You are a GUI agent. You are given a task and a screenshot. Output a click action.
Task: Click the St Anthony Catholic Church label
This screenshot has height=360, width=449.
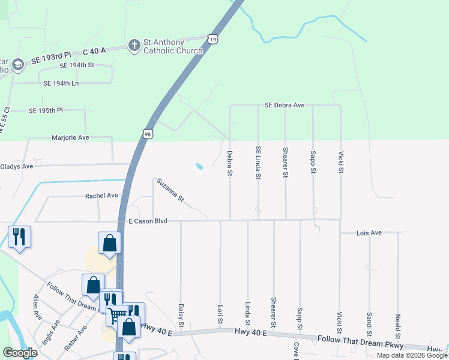click(x=172, y=47)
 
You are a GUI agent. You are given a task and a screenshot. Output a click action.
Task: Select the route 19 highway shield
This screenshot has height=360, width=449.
click(x=214, y=38)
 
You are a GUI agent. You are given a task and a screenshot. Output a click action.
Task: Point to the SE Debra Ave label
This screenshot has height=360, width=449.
click(x=285, y=105)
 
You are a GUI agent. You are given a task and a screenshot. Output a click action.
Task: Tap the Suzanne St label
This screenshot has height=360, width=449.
click(x=171, y=190)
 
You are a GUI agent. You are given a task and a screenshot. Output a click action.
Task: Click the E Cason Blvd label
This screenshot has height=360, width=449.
click(x=147, y=221)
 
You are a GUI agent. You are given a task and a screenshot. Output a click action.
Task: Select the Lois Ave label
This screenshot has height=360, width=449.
click(x=369, y=232)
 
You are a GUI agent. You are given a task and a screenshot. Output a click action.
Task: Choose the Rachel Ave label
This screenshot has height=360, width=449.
click(x=102, y=196)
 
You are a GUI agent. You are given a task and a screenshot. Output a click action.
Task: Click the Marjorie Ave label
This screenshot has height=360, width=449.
click(x=70, y=137)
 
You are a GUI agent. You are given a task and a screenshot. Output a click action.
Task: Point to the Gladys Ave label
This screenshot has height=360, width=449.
click(x=17, y=166)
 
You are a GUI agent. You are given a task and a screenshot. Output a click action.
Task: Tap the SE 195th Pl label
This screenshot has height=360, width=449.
click(x=46, y=111)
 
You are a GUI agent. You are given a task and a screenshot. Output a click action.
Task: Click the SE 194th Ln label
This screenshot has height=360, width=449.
click(x=62, y=83)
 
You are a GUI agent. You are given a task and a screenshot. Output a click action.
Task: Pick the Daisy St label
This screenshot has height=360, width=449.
click(x=181, y=314)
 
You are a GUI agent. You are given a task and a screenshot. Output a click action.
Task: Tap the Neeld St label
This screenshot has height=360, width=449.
click(x=397, y=325)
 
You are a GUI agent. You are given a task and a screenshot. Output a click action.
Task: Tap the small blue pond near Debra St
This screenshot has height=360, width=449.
click(x=199, y=166)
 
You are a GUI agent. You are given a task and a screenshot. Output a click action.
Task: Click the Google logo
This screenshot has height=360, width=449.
click(x=20, y=353)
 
